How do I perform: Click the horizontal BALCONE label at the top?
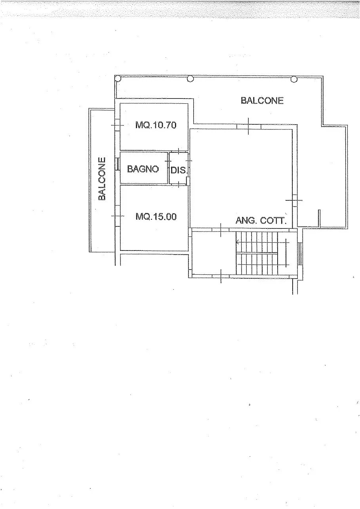(x=262, y=101)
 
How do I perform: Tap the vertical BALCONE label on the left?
(x=102, y=179)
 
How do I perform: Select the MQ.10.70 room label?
(x=156, y=125)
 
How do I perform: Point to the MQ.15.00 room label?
(x=156, y=217)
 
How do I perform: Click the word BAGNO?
(x=143, y=169)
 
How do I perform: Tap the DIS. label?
(x=178, y=170)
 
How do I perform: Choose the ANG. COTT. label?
(x=261, y=220)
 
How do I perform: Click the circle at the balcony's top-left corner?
(x=118, y=79)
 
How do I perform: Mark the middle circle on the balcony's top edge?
(x=190, y=79)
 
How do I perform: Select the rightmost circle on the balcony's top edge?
(x=294, y=79)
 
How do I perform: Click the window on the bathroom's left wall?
(x=118, y=164)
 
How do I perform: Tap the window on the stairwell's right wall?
(x=300, y=254)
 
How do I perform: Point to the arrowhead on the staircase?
(x=237, y=242)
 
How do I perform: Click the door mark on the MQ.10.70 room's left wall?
(x=117, y=125)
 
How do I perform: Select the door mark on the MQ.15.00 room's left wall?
(x=118, y=216)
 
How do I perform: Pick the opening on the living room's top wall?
(x=248, y=126)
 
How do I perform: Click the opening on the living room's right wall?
(x=294, y=201)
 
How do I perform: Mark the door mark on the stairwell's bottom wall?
(x=221, y=275)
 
